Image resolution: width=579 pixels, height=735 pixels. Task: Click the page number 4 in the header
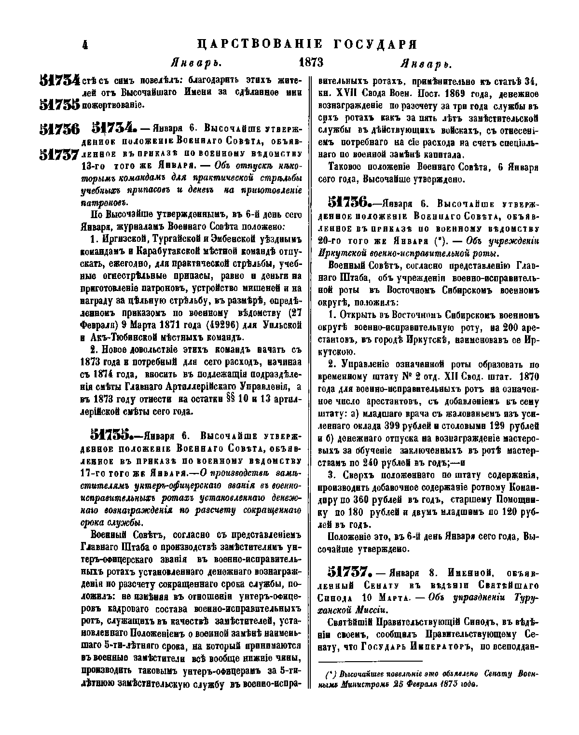85,44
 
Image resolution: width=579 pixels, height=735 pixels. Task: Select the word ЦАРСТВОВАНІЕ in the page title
261,44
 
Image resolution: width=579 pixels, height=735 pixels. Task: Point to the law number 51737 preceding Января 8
349,572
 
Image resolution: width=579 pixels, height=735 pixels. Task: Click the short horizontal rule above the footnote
371,662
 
